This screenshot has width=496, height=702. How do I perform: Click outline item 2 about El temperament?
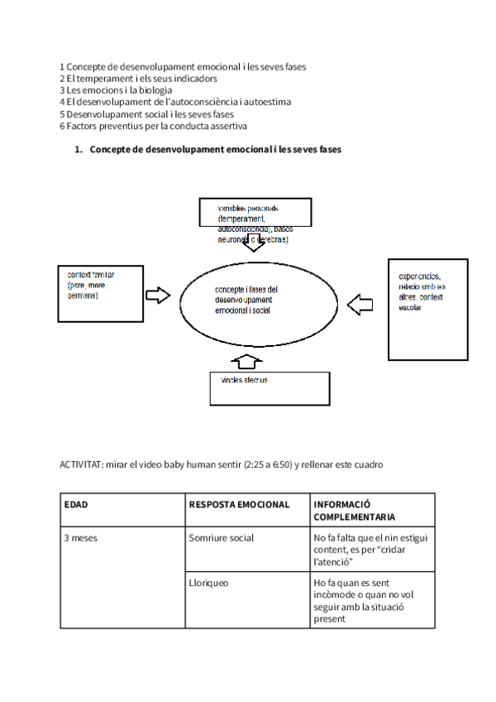pyautogui.click(x=138, y=79)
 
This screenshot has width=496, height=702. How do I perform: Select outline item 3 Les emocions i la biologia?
pyautogui.click(x=116, y=90)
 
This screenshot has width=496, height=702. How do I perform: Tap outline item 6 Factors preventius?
pyautogui.click(x=153, y=126)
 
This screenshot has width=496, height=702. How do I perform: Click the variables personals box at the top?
pyautogui.click(x=255, y=212)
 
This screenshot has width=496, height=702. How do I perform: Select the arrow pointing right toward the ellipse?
pyautogui.click(x=157, y=295)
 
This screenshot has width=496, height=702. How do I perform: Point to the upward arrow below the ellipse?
pyautogui.click(x=247, y=361)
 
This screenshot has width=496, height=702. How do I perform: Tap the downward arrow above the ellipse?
pyautogui.click(x=255, y=243)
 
